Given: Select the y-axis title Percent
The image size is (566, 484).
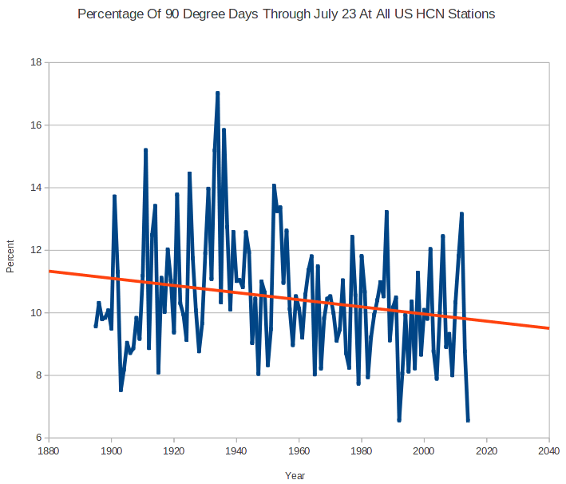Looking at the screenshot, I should click(10, 255).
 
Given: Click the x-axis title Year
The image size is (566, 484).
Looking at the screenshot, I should click(295, 475).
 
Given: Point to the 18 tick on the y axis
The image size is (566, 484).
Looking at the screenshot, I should click(35, 62).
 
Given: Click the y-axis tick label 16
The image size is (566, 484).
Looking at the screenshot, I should click(35, 125).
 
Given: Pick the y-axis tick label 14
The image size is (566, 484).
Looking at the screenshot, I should click(35, 188).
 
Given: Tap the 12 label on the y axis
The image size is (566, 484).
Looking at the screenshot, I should click(35, 250).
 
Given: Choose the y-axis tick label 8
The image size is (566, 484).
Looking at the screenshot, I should click(38, 375).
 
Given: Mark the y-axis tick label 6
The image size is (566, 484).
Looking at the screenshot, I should click(38, 438).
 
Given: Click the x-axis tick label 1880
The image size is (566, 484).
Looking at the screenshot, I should click(49, 451).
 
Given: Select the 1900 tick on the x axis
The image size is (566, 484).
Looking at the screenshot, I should click(112, 451).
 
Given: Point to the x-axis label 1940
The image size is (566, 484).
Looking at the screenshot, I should click(236, 451).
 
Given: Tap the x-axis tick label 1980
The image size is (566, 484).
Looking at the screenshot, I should click(362, 451).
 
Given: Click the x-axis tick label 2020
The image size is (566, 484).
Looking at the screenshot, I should click(487, 451).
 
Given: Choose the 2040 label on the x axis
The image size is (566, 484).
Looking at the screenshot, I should click(549, 451).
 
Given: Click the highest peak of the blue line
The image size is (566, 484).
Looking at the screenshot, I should click(217, 93).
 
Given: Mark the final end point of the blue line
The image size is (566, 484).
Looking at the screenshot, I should click(468, 420).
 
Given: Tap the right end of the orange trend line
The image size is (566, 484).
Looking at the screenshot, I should click(548, 327).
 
